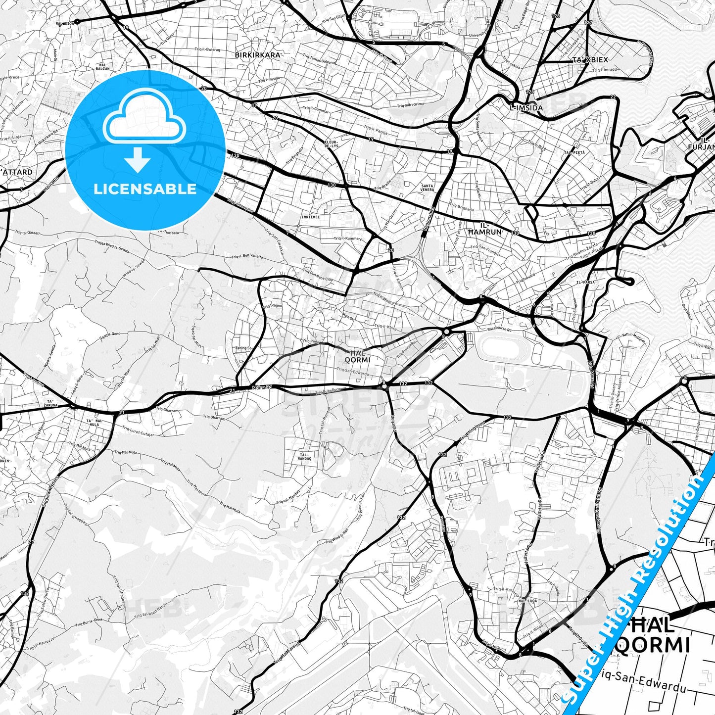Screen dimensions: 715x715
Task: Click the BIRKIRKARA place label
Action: tap(257, 55)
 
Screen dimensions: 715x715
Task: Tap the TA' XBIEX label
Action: tap(590, 59)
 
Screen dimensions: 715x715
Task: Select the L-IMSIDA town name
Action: tap(526, 107)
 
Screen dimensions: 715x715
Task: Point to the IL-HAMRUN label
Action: tap(485, 229)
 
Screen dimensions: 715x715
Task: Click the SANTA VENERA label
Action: tap(427, 188)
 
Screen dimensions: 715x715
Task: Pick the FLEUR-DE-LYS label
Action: tap(331, 144)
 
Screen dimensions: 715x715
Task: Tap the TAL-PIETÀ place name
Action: tap(574, 153)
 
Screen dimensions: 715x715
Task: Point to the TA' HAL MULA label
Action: tap(93, 423)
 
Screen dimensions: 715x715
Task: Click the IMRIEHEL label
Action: tap(310, 217)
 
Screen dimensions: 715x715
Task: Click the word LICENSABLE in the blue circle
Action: tap(145, 189)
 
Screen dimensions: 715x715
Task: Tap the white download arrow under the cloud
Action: tap(138, 160)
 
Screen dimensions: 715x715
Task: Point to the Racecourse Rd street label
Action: tap(499, 328)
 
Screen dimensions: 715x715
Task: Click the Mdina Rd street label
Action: tap(262, 387)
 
